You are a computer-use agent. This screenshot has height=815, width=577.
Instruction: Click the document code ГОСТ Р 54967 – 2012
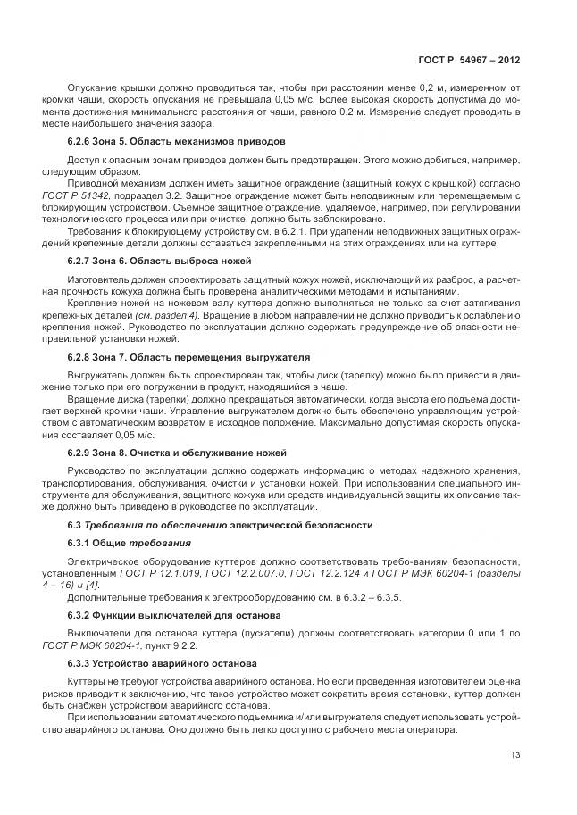[x=469, y=61]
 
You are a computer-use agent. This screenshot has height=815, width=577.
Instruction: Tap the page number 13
[x=514, y=754]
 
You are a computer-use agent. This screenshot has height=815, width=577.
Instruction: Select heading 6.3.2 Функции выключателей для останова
[x=174, y=616]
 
